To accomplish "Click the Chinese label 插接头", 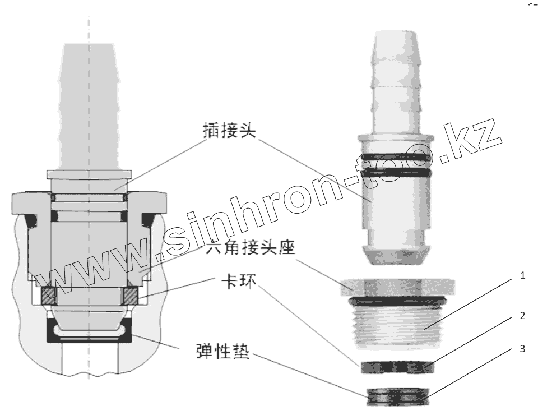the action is (229, 131).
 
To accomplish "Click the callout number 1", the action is (522, 276).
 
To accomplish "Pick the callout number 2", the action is (522, 316).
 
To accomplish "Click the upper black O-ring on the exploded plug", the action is (396, 155).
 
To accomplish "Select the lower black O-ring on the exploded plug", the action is (396, 174).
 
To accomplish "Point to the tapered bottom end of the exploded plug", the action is (396, 255).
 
